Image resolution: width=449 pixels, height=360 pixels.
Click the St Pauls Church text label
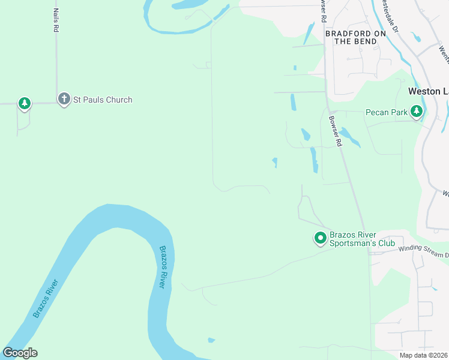(103, 100)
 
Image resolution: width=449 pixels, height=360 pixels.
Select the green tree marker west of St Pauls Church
(24, 104)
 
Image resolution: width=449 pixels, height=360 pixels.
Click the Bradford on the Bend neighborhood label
(355, 37)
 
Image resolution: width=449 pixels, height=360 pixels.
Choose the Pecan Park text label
(387, 112)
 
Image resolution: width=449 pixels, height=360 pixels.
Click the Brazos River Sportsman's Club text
(362, 239)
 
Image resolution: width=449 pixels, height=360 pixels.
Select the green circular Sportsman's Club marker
(320, 239)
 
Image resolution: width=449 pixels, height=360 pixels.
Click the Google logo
(20, 353)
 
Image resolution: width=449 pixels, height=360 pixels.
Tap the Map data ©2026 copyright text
(424, 355)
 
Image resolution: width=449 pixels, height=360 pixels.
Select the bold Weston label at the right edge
(428, 91)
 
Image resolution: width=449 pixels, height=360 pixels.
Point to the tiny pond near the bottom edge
(211, 340)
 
